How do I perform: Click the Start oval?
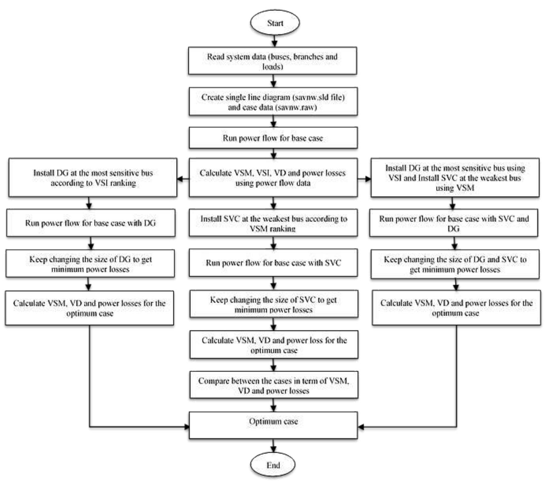[x=275, y=23]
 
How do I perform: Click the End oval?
[x=273, y=465]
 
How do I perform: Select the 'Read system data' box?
[x=273, y=61]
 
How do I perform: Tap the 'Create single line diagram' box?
[x=273, y=102]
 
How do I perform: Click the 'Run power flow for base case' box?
[x=273, y=138]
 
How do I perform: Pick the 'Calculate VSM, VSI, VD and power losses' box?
[x=273, y=178]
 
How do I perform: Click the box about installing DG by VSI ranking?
[x=93, y=178]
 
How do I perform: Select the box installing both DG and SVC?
[x=455, y=178]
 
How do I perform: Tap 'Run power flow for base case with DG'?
[x=90, y=223]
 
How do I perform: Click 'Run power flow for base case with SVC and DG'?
[x=454, y=223]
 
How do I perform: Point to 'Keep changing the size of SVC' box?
[x=274, y=304]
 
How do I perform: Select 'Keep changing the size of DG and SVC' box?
[x=455, y=264]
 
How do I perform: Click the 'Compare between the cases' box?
[x=274, y=385]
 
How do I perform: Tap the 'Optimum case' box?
[x=273, y=425]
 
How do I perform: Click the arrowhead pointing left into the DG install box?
[x=180, y=179]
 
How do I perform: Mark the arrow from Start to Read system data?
[x=274, y=41]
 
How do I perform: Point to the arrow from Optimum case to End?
[x=273, y=446]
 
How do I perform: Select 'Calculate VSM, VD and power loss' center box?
[x=274, y=345]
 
